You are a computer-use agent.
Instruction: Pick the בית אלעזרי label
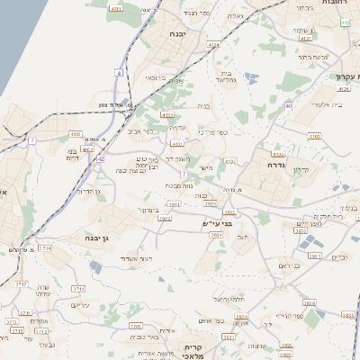point(308,106)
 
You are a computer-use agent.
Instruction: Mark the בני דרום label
point(73,157)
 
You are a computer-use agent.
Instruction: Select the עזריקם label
point(80,305)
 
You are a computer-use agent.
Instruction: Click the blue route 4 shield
point(119,71)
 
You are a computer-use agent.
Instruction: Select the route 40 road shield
point(288,105)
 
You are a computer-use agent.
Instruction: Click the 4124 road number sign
point(213,44)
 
